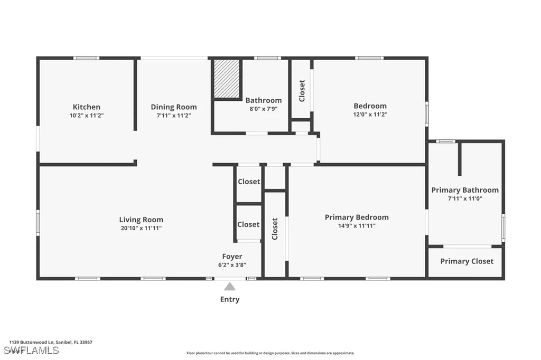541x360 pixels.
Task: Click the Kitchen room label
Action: [87, 107]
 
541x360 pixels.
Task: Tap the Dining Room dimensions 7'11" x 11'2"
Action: [173, 115]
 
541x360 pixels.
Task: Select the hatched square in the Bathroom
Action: [227, 79]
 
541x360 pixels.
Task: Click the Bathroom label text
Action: [263, 100]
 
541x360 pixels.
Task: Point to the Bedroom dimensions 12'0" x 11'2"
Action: [370, 114]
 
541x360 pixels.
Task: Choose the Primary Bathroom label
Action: [465, 190]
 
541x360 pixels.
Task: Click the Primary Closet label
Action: [467, 261]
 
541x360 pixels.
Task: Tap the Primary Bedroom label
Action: [357, 217]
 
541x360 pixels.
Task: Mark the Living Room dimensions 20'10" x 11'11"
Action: [141, 228]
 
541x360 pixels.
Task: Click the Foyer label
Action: [232, 257]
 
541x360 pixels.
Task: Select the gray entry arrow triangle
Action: [230, 287]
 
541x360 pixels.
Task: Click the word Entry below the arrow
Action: [230, 299]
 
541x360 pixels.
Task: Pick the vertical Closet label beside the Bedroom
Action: [302, 90]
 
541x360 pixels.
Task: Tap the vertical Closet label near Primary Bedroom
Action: [275, 229]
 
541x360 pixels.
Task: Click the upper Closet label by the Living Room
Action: [248, 182]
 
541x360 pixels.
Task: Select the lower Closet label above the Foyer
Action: [248, 224]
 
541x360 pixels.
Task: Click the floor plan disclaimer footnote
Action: [270, 353]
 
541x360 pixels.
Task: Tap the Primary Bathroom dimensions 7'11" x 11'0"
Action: [465, 198]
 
